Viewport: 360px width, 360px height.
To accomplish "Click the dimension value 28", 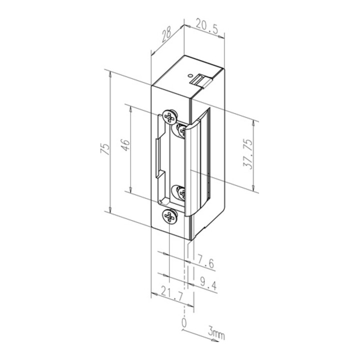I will pos(167,33).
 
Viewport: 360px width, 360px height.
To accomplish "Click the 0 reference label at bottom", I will pos(183,323).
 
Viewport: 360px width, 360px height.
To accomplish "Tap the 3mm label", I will pos(216,332).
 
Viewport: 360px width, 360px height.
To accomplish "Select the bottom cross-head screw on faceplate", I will pos(169,217).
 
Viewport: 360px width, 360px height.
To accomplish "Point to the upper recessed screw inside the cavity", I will pos(179,131).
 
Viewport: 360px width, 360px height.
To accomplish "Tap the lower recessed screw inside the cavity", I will pos(179,192).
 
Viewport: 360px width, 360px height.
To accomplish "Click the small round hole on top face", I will pos(190,75).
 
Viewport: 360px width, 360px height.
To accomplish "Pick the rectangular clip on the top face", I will pos(202,80).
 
